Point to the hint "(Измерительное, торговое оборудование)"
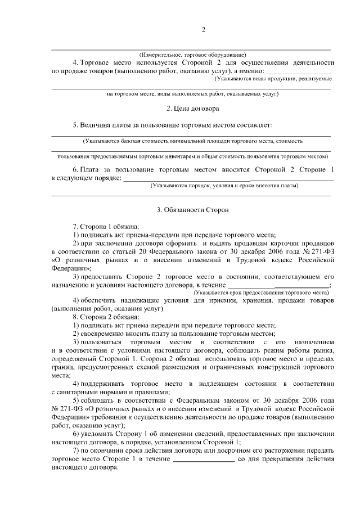[x=192, y=55]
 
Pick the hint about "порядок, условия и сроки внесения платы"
[x=224, y=185]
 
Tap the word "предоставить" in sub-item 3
[x=107, y=277]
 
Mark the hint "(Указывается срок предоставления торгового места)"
[x=260, y=293]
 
